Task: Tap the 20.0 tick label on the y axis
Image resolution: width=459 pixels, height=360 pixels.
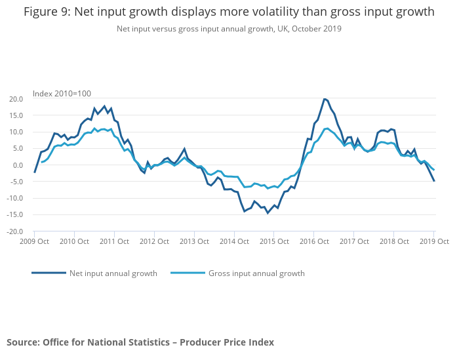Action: (x=16, y=99)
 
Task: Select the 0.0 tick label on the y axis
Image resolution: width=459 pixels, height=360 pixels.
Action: (x=18, y=165)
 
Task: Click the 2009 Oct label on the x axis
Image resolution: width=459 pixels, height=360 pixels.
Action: (x=34, y=241)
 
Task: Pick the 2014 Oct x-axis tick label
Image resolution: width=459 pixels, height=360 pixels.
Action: (x=234, y=241)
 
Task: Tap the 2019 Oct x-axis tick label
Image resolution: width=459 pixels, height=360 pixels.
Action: (x=433, y=241)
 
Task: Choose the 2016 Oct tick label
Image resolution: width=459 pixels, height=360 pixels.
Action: (x=314, y=241)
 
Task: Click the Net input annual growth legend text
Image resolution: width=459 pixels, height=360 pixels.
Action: (x=113, y=273)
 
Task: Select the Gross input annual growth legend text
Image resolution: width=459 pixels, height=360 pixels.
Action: (x=256, y=273)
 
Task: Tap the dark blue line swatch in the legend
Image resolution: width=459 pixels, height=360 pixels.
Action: (x=49, y=273)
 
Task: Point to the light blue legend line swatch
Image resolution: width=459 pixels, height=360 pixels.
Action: (x=187, y=273)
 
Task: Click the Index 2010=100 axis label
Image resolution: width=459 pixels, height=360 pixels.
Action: (x=62, y=93)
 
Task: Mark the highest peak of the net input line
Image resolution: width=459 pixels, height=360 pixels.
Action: (x=324, y=99)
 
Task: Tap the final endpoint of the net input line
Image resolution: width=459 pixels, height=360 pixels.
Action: (x=434, y=181)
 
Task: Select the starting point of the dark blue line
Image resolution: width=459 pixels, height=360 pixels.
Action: (x=34, y=172)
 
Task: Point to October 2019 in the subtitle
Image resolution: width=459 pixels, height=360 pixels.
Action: (x=317, y=29)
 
